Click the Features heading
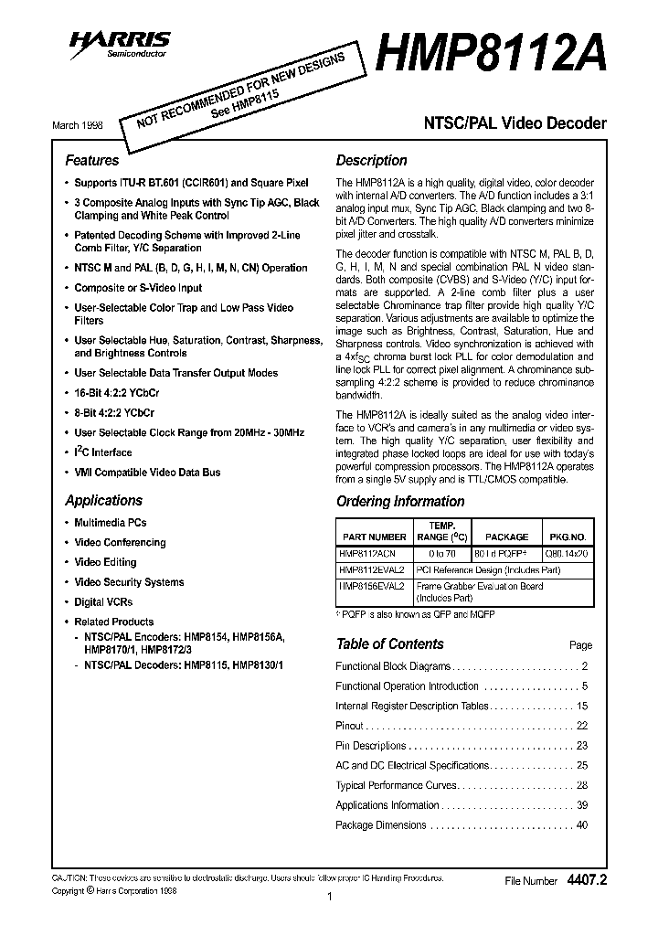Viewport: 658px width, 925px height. pos(91,160)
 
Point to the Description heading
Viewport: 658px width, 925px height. pos(371,160)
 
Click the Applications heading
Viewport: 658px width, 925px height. pos(103,500)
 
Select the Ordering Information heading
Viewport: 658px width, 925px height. pos(400,501)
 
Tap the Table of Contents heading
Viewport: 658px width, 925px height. pos(389,643)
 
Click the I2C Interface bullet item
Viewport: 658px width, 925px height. pos(102,452)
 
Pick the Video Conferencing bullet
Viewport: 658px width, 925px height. pos(120,542)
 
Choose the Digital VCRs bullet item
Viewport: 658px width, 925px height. pos(103,602)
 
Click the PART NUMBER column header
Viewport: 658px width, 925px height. pos(373,537)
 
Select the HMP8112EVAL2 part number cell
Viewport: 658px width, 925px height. pos(371,569)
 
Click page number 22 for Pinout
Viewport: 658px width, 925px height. pos(582,726)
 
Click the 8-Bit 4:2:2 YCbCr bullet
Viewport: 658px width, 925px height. pos(114,413)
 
